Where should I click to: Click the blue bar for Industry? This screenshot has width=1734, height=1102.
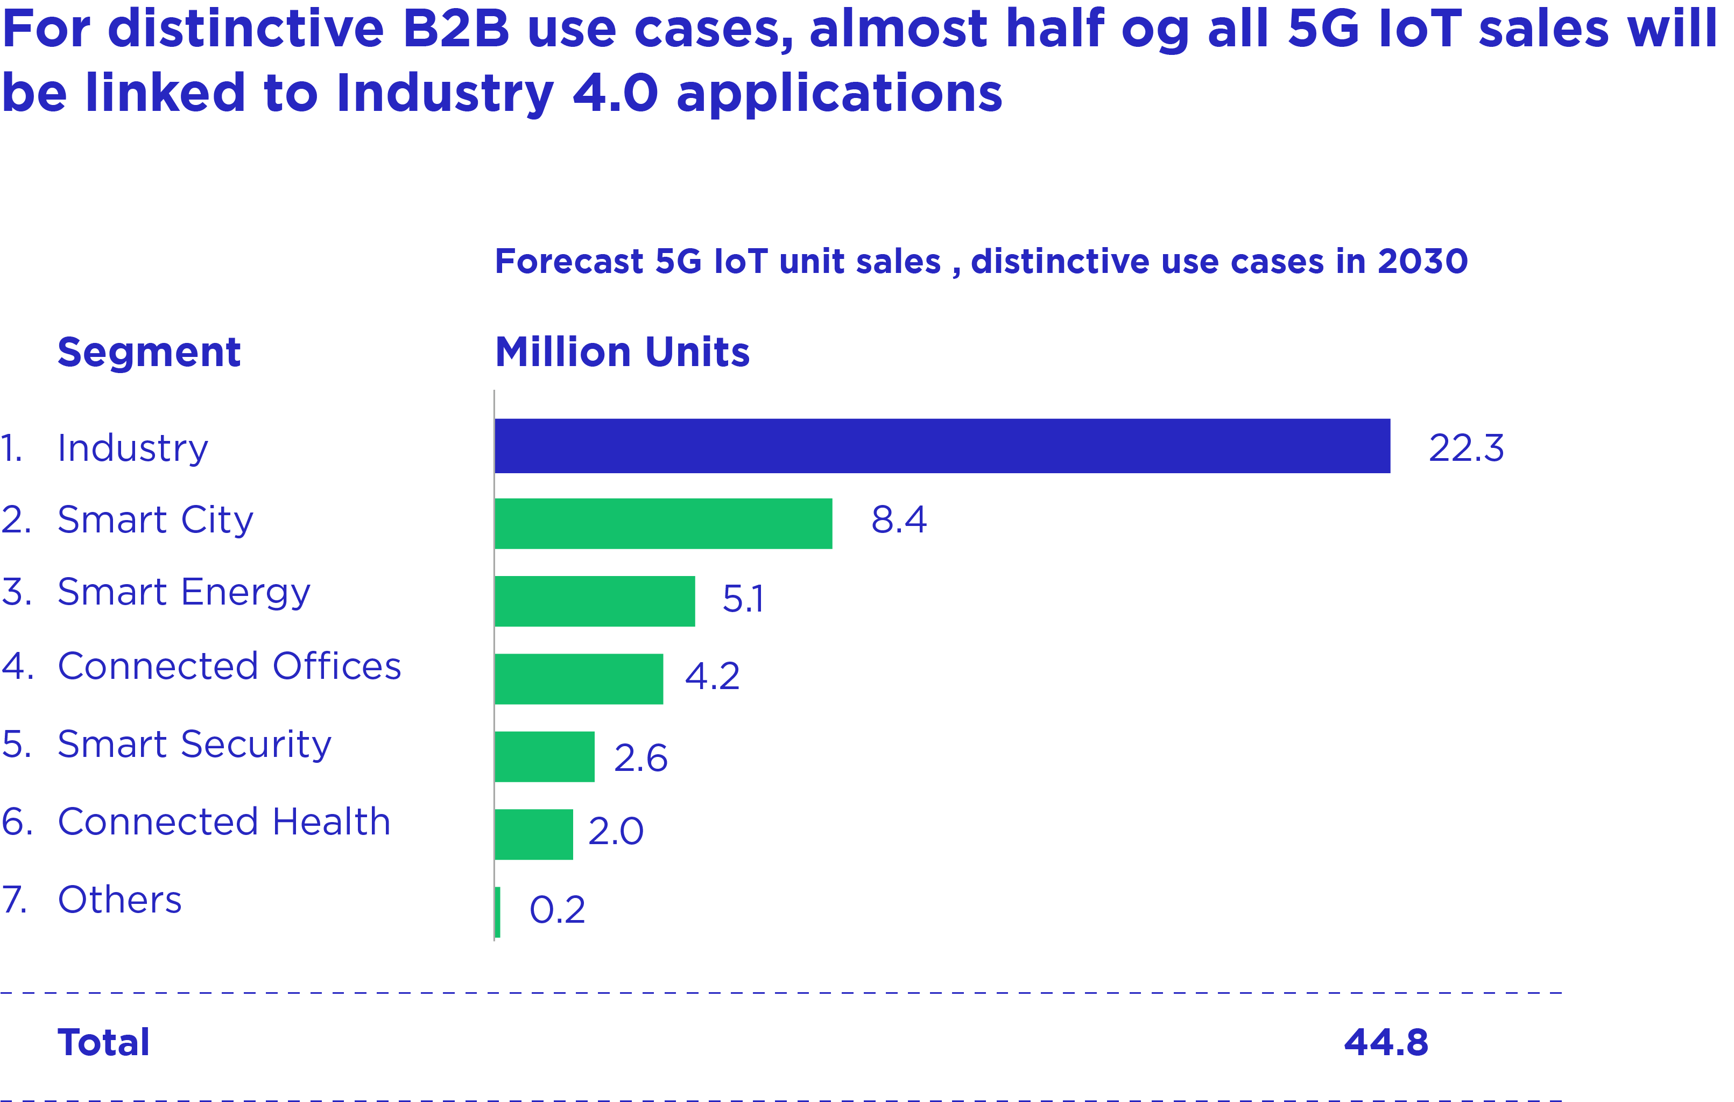coord(942,446)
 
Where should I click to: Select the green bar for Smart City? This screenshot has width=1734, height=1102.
coord(663,524)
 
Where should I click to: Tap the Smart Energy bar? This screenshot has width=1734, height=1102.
coord(595,601)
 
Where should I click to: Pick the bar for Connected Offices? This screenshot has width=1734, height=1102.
coord(579,679)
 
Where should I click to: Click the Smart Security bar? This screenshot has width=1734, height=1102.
coord(545,757)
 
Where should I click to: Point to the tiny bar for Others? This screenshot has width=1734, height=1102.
coord(498,913)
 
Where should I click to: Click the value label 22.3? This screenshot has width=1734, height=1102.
coord(1466,448)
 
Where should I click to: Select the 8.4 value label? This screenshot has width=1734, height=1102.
coord(899,520)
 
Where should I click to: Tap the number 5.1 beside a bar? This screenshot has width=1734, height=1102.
coord(743,599)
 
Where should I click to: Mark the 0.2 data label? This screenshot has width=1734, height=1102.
coord(558,910)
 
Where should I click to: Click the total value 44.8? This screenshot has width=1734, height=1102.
coord(1386,1042)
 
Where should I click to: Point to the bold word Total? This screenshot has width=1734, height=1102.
coord(104,1042)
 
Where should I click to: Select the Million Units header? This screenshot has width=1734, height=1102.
coord(622,352)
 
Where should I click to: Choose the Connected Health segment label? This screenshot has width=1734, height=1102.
coord(224,822)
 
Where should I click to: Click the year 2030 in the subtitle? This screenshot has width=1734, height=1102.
coord(1423,262)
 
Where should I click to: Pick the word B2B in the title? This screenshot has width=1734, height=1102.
coord(456,29)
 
